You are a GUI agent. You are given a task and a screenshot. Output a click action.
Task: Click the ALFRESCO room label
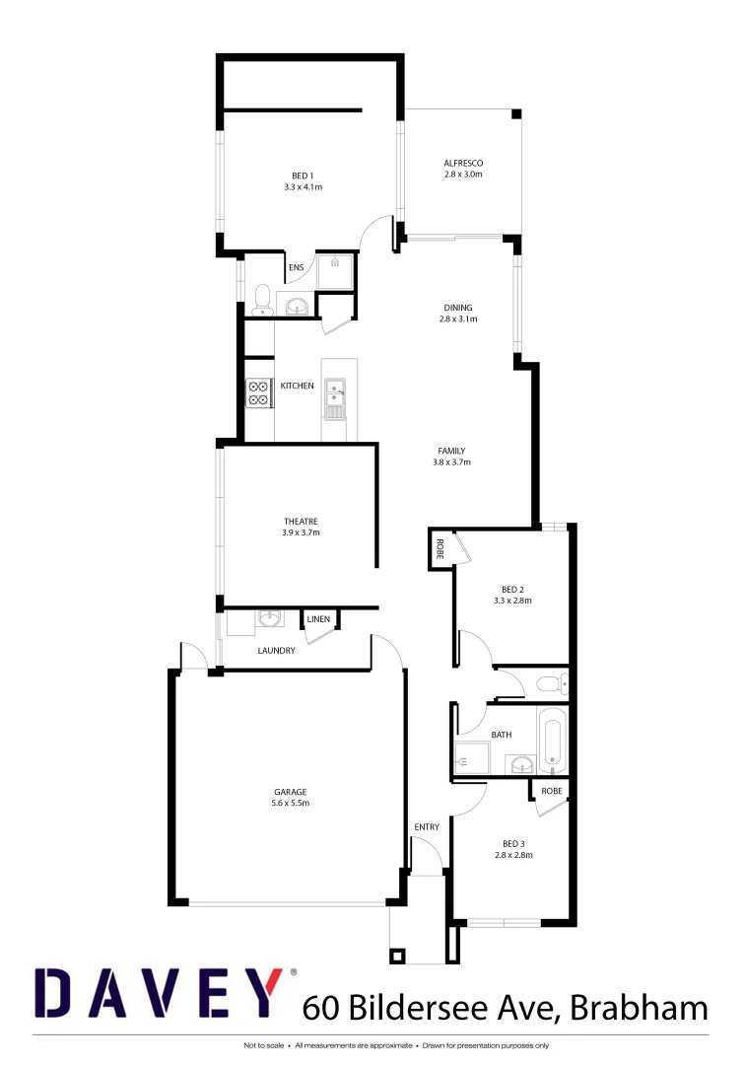pyautogui.click(x=462, y=163)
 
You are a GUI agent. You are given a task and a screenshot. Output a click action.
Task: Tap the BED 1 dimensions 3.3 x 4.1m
pyautogui.click(x=303, y=186)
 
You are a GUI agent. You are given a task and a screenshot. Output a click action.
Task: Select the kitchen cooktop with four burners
pyautogui.click(x=258, y=392)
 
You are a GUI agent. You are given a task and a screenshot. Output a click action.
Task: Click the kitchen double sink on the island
pyautogui.click(x=335, y=392)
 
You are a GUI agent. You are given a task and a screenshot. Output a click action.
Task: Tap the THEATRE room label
pyautogui.click(x=302, y=521)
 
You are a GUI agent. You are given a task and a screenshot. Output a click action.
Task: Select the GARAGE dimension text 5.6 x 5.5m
pyautogui.click(x=291, y=804)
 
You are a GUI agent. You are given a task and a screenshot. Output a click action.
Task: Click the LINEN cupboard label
pyautogui.click(x=318, y=619)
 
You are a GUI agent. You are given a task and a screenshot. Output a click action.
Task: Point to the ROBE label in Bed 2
pyautogui.click(x=440, y=549)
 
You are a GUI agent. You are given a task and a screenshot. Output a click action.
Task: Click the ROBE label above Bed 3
pyautogui.click(x=551, y=790)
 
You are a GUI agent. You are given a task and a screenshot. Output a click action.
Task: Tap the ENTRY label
pyautogui.click(x=427, y=827)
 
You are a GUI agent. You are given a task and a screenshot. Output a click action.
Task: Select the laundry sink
pyautogui.click(x=268, y=619)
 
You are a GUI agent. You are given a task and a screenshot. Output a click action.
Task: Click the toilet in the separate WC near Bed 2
pyautogui.click(x=549, y=682)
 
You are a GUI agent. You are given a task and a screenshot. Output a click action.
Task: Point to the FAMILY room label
pyautogui.click(x=451, y=451)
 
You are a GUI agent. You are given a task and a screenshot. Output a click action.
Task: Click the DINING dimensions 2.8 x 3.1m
pyautogui.click(x=458, y=319)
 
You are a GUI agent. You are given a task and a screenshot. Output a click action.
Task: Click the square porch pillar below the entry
pyautogui.click(x=398, y=955)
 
